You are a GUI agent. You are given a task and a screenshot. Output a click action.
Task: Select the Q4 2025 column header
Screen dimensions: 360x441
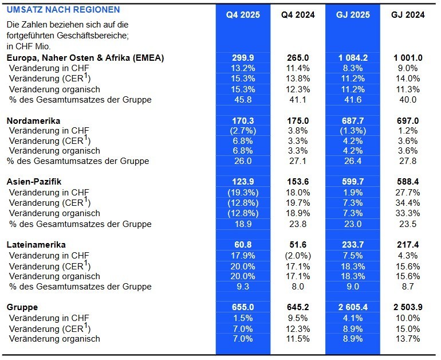point(243,15)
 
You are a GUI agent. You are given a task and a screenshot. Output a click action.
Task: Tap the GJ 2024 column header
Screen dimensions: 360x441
point(408,15)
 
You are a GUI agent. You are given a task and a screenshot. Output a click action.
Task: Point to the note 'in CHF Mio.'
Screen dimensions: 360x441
point(29,46)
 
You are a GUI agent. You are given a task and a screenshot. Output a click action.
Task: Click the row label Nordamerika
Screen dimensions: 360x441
point(34,121)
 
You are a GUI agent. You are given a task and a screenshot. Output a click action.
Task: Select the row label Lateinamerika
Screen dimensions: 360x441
point(36,244)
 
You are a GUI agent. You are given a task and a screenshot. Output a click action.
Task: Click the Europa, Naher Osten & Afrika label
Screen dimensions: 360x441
point(85,58)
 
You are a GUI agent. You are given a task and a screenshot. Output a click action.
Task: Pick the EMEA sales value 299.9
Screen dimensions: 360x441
point(243,58)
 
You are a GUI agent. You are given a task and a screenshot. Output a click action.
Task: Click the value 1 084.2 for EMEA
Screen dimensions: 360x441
point(353,58)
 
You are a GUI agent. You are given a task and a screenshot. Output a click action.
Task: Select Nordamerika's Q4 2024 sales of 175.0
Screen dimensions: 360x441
point(298,121)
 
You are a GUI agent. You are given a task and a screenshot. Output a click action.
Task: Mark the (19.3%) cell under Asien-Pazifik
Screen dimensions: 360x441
point(243,192)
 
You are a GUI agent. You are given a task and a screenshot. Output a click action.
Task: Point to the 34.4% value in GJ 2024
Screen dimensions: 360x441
point(408,202)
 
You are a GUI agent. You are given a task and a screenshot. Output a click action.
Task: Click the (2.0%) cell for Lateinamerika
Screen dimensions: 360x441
point(298,255)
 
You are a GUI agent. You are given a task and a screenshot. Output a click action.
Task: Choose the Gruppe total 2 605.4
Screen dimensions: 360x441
point(353,307)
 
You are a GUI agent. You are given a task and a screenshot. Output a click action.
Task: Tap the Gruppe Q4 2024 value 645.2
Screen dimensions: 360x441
point(298,307)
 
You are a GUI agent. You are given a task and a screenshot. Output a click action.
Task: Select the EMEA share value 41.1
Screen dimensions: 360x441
point(298,100)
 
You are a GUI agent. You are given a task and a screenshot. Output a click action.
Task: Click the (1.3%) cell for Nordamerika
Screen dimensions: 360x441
point(353,131)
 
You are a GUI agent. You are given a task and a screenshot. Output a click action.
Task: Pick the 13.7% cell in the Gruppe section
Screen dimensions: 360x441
point(408,338)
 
